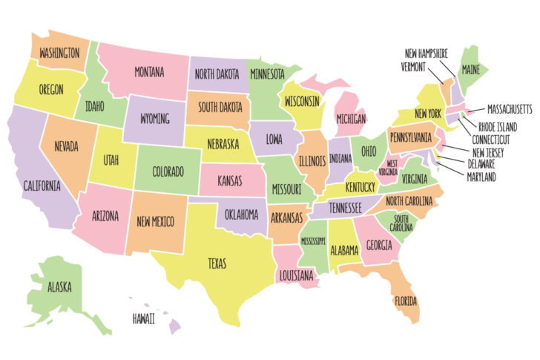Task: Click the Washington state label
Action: (59, 53)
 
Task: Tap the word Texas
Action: (217, 264)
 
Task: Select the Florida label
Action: (406, 302)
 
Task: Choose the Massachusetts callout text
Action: (504, 109)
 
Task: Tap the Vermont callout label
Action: (418, 65)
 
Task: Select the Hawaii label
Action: (144, 318)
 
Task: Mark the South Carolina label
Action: (401, 223)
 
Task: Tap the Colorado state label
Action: (168, 172)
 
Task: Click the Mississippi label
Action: (312, 242)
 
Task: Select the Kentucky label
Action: (360, 186)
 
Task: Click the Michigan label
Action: (350, 119)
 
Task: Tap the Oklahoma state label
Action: (241, 215)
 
